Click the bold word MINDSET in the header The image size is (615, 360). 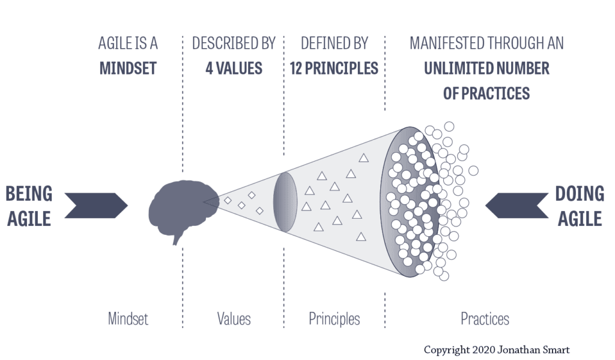[x=128, y=68]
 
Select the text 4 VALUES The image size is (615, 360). [x=234, y=68]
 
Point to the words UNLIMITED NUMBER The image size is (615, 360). [x=486, y=68]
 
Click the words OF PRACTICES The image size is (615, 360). [x=486, y=93]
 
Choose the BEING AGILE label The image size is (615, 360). [x=29, y=206]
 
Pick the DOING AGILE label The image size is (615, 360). [x=579, y=206]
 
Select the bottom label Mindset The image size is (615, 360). [x=128, y=319]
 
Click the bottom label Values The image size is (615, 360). [x=234, y=319]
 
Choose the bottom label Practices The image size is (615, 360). [x=485, y=319]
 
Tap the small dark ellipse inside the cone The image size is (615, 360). [x=285, y=202]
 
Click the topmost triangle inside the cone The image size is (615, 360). [x=363, y=158]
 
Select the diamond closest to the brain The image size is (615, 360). [x=228, y=200]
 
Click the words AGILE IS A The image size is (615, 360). [x=128, y=44]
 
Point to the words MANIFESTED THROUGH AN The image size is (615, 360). [x=486, y=44]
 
